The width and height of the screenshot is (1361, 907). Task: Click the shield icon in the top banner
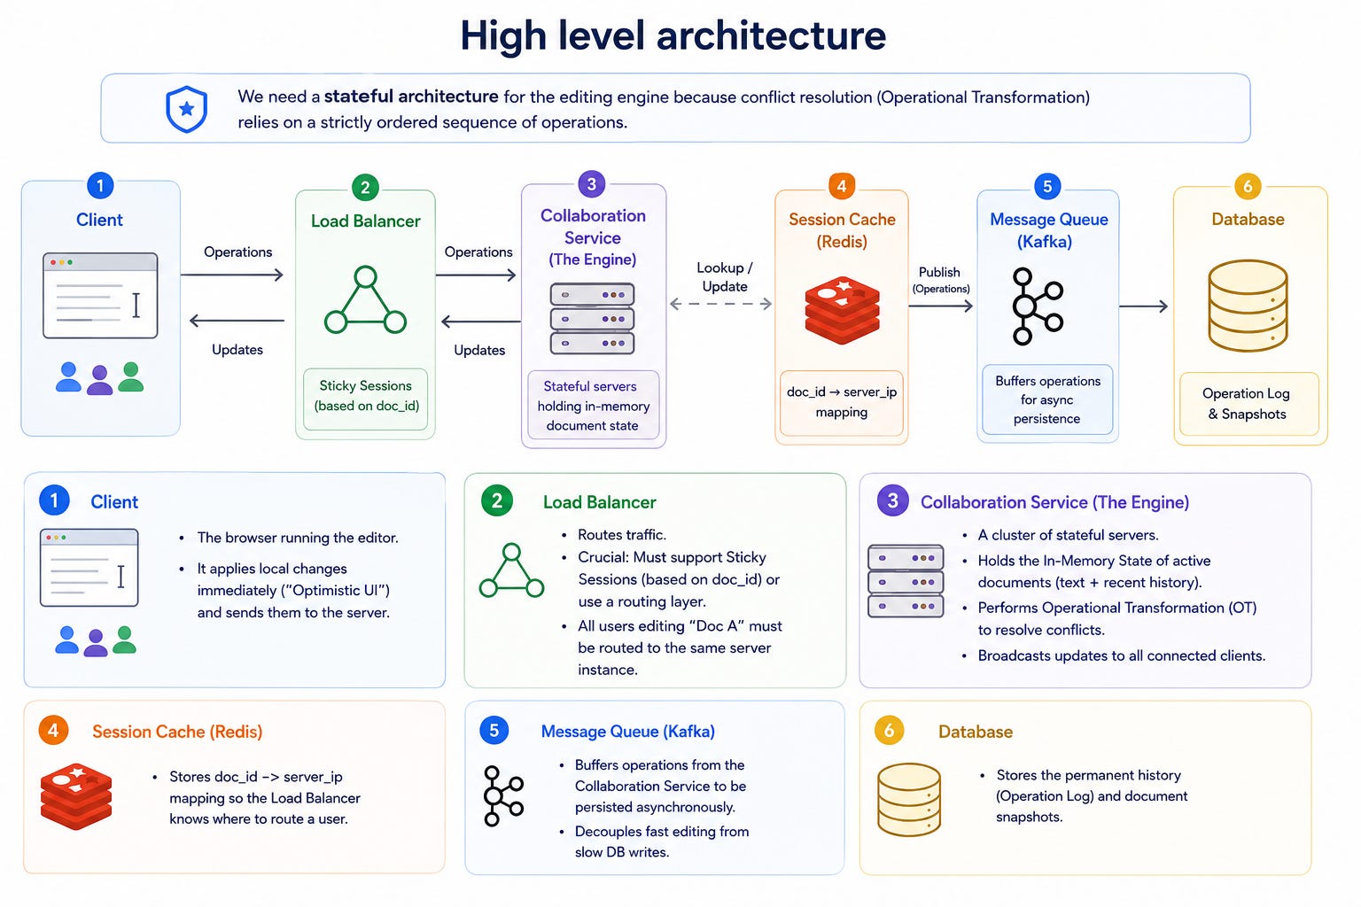[187, 109]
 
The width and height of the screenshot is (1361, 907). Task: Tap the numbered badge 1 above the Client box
[100, 185]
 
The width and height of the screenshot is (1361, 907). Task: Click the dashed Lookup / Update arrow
[720, 304]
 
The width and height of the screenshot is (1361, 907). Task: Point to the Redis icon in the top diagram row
[842, 310]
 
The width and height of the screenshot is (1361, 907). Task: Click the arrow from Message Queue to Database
[1144, 306]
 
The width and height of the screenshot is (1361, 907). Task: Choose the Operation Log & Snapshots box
[1249, 403]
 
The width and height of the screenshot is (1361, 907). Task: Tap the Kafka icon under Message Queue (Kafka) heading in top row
[1037, 306]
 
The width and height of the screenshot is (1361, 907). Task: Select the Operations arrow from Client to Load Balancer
[232, 275]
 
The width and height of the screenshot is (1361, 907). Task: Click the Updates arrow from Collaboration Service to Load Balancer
[480, 321]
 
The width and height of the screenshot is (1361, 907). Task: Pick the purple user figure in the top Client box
[99, 380]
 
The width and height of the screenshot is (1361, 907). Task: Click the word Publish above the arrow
[939, 272]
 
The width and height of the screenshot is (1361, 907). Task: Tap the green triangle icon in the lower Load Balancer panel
[511, 570]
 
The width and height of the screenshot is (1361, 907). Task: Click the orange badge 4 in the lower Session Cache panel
[53, 730]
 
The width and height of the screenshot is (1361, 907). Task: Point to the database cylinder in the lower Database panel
[909, 800]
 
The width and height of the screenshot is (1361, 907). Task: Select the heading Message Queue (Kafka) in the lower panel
[627, 731]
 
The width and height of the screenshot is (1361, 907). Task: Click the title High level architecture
[673, 35]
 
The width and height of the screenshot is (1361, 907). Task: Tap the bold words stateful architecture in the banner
[411, 96]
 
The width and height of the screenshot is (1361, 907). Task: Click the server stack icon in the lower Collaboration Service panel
[906, 581]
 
